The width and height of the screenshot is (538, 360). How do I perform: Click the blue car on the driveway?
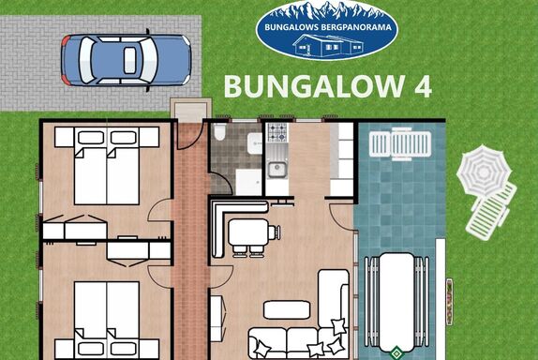coord(126,60)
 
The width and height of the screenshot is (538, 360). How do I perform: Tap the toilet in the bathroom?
coord(219,132)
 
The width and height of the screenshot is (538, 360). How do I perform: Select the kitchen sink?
coord(277,170)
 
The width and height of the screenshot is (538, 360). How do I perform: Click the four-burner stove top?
coord(276,132)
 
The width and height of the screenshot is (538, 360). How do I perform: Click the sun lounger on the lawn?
coord(491,211)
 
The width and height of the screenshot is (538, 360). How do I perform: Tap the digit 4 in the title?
coord(423,86)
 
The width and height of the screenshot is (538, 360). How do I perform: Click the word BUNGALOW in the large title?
coord(314,86)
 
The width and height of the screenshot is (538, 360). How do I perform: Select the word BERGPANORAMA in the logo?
coord(356,27)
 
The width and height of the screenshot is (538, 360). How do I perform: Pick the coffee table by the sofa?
coord(287,310)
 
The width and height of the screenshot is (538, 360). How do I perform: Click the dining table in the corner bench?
coord(248,232)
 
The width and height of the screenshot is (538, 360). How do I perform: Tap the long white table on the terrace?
coord(396,302)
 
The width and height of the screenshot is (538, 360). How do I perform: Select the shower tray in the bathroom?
coord(248,182)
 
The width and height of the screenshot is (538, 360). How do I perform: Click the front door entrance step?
coord(191,109)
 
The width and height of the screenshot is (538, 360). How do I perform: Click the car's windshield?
coord(150,60)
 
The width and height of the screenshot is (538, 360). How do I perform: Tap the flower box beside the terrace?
coord(449,302)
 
